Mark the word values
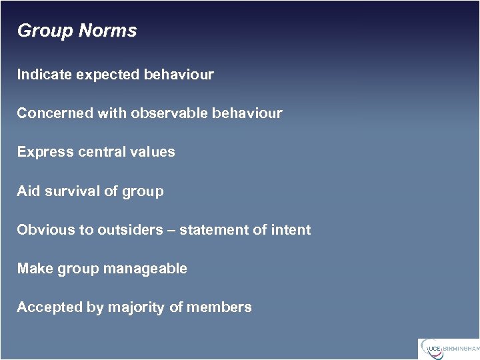[x=155, y=152]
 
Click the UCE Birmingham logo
[x=449, y=349]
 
